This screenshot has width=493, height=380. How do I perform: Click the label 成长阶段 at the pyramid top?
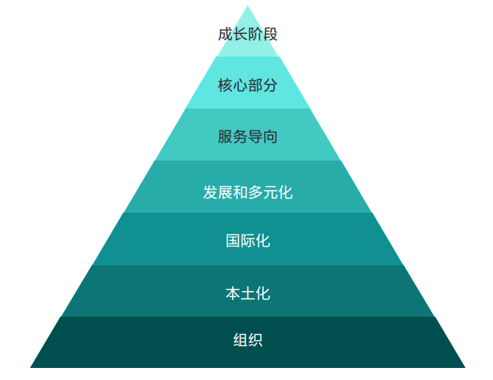point(248,34)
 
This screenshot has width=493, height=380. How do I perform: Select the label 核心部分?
point(248,85)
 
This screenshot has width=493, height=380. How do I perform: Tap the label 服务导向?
point(248,136)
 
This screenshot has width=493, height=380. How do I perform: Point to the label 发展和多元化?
point(248,192)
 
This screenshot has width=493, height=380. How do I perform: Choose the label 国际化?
point(248,241)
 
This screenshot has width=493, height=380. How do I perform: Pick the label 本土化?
point(248,293)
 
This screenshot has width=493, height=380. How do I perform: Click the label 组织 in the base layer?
point(248,340)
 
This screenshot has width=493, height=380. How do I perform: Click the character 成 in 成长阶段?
point(225,34)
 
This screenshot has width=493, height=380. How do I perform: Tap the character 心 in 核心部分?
point(240,85)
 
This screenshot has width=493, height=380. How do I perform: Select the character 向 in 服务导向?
point(270,136)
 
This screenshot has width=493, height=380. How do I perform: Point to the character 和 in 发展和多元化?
point(240,192)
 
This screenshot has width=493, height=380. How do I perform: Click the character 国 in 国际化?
point(233,241)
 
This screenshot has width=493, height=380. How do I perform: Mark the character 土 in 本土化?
point(248,293)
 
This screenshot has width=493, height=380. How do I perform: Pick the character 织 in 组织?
point(256,340)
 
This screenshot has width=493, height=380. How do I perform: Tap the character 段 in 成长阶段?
point(270,34)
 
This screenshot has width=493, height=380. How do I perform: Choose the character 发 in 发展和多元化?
point(210,192)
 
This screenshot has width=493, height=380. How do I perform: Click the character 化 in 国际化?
point(263,241)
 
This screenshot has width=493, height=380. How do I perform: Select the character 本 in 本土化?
point(233,293)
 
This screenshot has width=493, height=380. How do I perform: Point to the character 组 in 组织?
point(240,340)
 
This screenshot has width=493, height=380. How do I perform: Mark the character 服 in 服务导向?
point(225,136)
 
